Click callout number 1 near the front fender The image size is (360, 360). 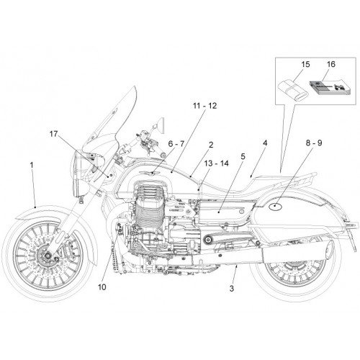pyautogui.click(x=32, y=165)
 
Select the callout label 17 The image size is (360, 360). pyautogui.click(x=54, y=134)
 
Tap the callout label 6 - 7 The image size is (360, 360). pyautogui.click(x=176, y=144)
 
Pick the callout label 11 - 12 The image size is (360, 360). pyautogui.click(x=204, y=106)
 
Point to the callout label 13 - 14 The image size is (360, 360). pyautogui.click(x=217, y=163)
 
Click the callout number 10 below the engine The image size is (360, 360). pyautogui.click(x=102, y=287)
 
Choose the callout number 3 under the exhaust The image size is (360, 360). pyautogui.click(x=231, y=288)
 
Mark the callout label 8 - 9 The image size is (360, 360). pyautogui.click(x=314, y=143)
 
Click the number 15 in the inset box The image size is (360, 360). pyautogui.click(x=305, y=64)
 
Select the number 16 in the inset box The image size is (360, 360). pyautogui.click(x=330, y=64)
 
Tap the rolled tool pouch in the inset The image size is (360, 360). pyautogui.click(x=292, y=91)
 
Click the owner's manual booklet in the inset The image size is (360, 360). pyautogui.click(x=328, y=88)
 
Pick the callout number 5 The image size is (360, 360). pyautogui.click(x=243, y=157)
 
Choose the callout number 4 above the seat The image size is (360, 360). pyautogui.click(x=265, y=143)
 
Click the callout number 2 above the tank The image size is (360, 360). pyautogui.click(x=211, y=145)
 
